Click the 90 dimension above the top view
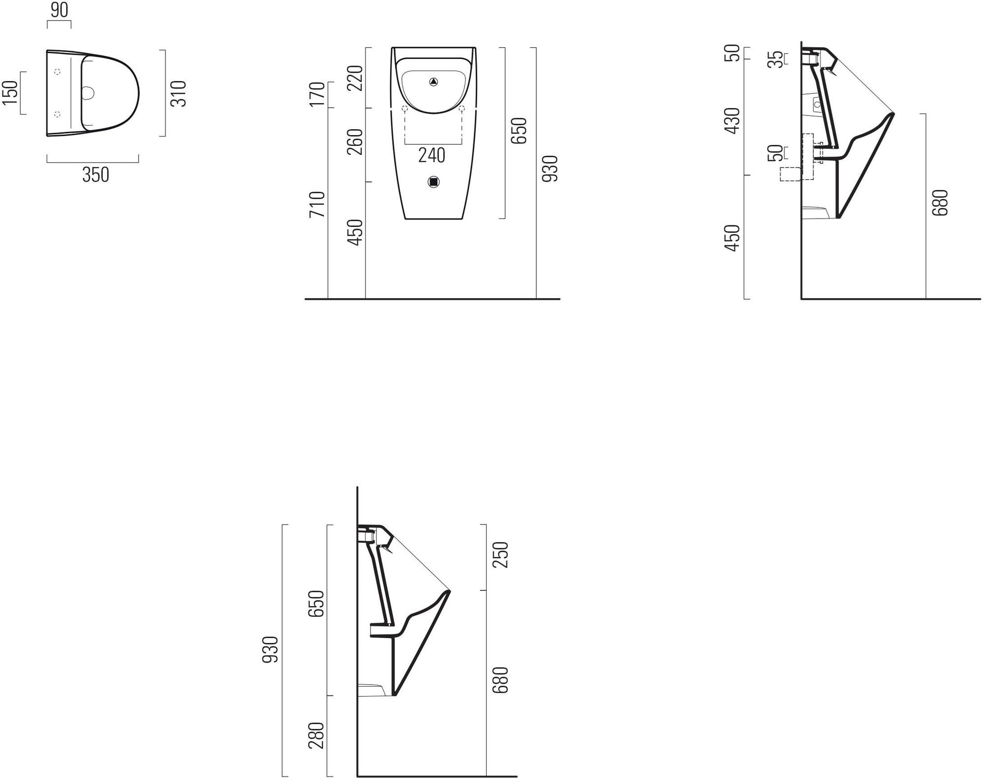59,10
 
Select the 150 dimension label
10,92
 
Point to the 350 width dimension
96,174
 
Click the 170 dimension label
318,94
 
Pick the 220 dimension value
355,78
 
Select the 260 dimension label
355,141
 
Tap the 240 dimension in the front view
432,155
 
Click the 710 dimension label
318,204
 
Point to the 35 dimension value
775,59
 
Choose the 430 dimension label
732,121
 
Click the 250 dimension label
500,555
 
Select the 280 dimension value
317,735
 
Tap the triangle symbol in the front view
434,82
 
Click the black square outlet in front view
434,182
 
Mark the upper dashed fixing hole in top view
58,72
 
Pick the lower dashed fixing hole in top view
58,114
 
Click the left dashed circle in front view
405,109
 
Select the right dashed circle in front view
462,109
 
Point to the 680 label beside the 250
500,680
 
